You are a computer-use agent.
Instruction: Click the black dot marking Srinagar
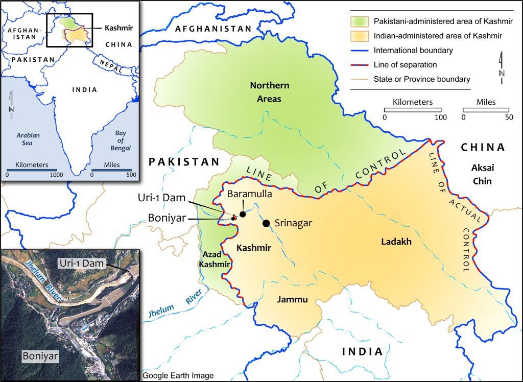pyautogui.click(x=266, y=223)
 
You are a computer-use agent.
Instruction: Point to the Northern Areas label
pyautogui.click(x=269, y=92)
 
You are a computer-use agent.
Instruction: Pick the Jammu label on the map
pyautogui.click(x=293, y=300)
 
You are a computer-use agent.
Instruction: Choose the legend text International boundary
pyautogui.click(x=413, y=50)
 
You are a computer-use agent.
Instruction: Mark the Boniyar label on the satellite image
pyautogui.click(x=39, y=355)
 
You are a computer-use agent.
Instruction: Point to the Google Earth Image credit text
pyautogui.click(x=178, y=376)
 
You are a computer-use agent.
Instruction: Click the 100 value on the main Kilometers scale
pyautogui.click(x=440, y=117)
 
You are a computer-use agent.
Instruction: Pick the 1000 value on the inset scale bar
pyautogui.click(x=56, y=175)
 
